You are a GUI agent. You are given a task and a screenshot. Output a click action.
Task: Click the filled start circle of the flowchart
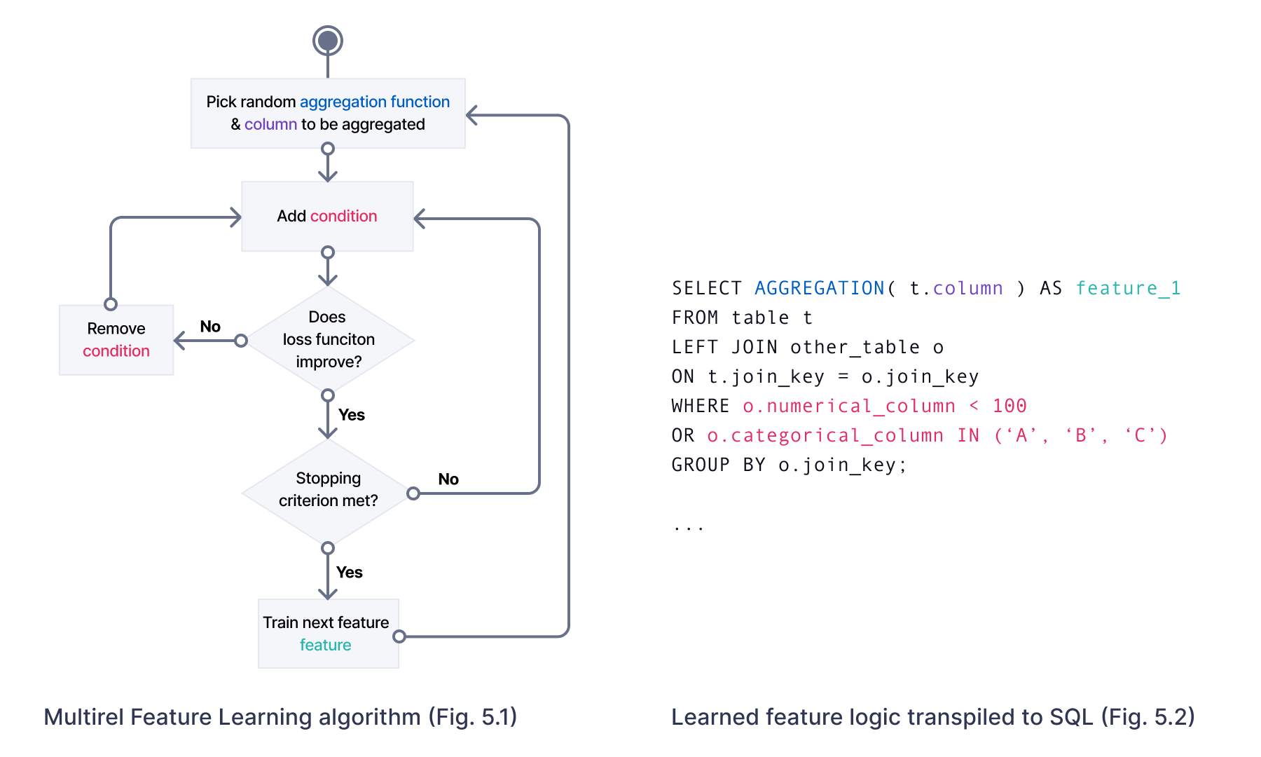(327, 41)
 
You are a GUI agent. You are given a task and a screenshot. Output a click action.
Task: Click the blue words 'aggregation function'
(374, 102)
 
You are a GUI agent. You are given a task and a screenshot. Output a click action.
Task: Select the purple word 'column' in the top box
(270, 124)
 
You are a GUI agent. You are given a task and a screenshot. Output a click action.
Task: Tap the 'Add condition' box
(327, 216)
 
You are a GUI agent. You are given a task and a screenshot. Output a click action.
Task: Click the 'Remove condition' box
(116, 340)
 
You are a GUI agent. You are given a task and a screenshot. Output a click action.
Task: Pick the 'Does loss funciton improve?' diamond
(328, 340)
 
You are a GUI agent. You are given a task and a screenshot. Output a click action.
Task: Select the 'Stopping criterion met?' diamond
(327, 490)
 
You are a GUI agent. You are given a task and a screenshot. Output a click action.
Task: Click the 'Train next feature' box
(327, 633)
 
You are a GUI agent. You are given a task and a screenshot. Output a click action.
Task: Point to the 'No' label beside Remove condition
(210, 326)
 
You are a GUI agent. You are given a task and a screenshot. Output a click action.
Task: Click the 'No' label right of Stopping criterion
(448, 479)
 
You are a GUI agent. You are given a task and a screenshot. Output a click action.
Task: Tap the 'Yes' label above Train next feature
(350, 572)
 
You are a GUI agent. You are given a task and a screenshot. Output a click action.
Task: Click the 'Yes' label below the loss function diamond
(352, 414)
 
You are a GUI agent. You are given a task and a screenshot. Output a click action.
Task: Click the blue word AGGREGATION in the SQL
(819, 288)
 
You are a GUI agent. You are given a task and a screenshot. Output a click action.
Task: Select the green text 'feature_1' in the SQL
(1128, 288)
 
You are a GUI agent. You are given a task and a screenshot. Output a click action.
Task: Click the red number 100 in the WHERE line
(1009, 406)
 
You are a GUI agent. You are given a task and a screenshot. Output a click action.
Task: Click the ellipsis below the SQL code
(689, 527)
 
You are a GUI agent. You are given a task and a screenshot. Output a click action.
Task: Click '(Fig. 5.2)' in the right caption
(1147, 716)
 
